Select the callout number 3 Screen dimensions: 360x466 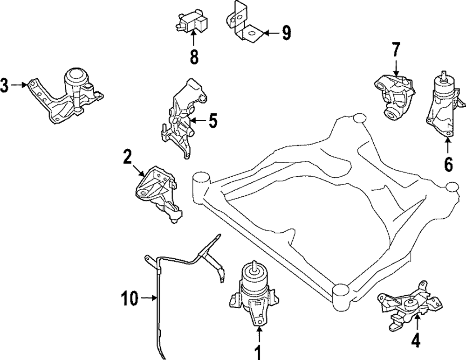[4, 85]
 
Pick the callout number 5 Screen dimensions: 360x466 [212, 121]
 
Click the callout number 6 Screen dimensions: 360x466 [448, 164]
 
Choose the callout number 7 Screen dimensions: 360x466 [396, 49]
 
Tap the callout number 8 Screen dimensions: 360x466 [194, 56]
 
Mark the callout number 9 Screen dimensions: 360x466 [286, 33]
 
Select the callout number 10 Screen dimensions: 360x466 [130, 298]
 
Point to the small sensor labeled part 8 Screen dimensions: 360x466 [191, 22]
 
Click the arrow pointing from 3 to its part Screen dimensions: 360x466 [19, 85]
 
